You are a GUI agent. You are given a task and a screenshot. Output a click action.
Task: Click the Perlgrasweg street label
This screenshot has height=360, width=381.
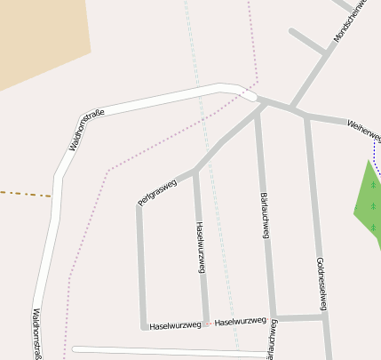click(x=158, y=192)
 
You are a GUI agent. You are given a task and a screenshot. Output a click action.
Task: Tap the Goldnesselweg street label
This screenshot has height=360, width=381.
click(x=321, y=284)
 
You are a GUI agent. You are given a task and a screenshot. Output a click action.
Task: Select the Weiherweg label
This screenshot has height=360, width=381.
click(x=364, y=130)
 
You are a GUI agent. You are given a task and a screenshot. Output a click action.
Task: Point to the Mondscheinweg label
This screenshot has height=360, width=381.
click(x=351, y=21)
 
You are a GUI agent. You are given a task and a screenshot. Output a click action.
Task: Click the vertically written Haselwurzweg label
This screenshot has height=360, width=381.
click(x=200, y=246)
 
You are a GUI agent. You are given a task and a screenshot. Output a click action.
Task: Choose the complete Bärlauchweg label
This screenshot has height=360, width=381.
click(x=264, y=214)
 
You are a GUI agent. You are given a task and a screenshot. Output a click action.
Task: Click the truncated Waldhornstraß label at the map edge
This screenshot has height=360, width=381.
click(x=36, y=333)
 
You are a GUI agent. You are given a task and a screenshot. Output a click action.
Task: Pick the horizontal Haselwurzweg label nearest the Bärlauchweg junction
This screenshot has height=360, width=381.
click(x=241, y=321)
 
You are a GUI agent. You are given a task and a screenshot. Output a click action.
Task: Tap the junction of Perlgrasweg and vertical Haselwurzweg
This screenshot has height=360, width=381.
click(x=194, y=170)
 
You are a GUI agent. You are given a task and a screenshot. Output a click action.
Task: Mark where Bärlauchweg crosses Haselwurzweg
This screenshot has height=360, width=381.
click(x=274, y=318)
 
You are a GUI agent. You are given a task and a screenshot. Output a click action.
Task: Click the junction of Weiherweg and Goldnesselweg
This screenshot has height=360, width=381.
click(x=306, y=116)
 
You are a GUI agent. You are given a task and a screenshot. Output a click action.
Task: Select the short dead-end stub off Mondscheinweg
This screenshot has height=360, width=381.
click(x=307, y=41)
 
